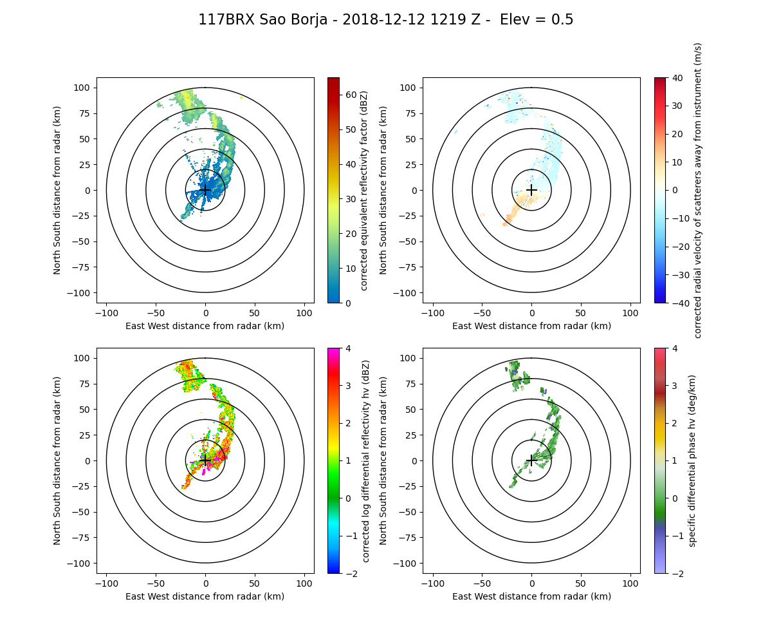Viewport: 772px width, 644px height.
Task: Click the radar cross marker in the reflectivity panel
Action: click(205, 190)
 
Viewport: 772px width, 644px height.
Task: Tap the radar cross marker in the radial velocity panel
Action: click(531, 190)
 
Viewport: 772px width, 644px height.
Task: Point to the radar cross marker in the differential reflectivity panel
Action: click(205, 460)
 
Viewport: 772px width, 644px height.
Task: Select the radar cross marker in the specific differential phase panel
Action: click(531, 460)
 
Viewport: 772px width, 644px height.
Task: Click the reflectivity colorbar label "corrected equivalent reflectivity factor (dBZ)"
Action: click(363, 190)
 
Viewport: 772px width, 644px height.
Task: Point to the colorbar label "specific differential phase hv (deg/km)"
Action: click(693, 460)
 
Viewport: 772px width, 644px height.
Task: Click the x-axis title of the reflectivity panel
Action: click(205, 326)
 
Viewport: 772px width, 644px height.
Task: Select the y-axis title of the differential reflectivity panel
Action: click(57, 460)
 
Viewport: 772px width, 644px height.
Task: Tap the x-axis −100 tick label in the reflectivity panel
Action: click(107, 313)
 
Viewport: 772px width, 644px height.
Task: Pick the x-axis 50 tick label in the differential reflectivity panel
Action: click(255, 583)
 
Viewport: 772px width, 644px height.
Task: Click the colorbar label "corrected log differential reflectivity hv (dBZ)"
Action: click(365, 460)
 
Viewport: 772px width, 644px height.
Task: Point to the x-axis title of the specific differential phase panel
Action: click(531, 596)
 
